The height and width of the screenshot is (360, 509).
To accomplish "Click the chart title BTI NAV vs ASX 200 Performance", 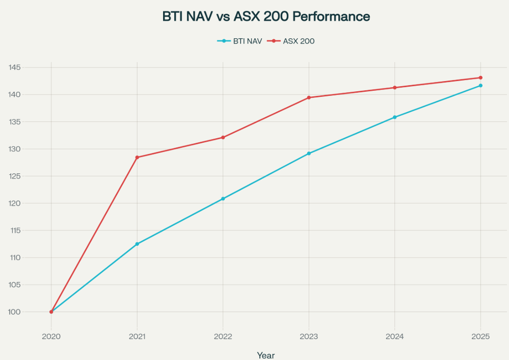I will (x=266, y=16).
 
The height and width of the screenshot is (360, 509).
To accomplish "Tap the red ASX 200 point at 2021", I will (x=137, y=157).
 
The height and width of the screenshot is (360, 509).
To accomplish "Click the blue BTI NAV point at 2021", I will (x=137, y=244).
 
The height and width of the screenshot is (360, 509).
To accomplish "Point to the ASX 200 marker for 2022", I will (x=223, y=137).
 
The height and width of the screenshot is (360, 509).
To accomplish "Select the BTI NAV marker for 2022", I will (x=223, y=198).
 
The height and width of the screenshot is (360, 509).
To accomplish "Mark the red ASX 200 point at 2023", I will (x=309, y=97).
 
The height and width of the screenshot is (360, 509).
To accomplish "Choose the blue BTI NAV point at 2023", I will (x=309, y=153).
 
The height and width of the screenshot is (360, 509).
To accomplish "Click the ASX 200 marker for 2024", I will (x=394, y=88).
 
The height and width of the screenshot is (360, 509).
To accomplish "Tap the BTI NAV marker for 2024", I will (x=394, y=117).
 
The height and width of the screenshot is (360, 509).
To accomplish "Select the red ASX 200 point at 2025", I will (x=480, y=78).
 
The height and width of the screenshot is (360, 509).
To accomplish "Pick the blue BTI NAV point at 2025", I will (x=480, y=85).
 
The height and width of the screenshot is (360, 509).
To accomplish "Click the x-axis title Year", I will (x=266, y=355).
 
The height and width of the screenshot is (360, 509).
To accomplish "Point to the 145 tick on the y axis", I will (x=14, y=67).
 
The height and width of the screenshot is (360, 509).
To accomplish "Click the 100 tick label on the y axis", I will (x=14, y=312).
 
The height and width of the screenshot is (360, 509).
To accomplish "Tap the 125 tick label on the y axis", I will (x=14, y=176).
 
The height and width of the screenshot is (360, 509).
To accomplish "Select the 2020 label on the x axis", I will (x=51, y=337).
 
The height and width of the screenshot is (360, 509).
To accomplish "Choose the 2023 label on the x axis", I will (x=309, y=337).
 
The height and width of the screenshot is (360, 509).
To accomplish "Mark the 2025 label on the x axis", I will (x=480, y=337).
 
